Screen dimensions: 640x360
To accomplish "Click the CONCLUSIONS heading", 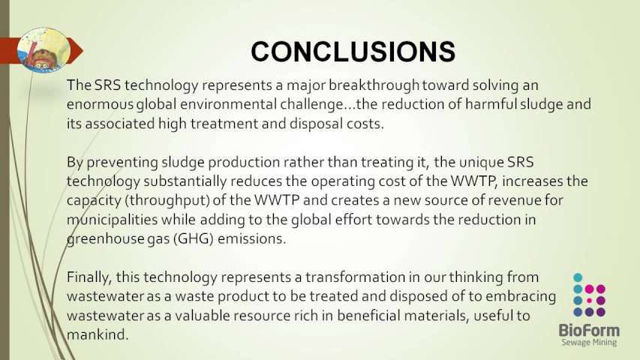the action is [x=353, y=52].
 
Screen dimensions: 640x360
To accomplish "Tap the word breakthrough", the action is [x=374, y=85].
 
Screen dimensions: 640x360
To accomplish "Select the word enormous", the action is [x=100, y=104].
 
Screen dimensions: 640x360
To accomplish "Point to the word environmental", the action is [x=228, y=103].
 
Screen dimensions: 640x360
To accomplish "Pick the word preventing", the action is [x=122, y=163].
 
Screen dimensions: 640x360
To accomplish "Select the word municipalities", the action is [x=113, y=220].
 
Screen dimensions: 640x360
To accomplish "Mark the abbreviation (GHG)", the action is [x=194, y=238].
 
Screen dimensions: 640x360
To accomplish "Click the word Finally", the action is [x=89, y=277].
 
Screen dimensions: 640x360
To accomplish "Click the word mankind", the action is [x=98, y=334].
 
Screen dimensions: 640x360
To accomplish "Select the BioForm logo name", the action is [x=589, y=330].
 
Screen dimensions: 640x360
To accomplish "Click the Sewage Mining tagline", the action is [x=589, y=342].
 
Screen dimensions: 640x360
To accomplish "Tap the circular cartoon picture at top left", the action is [x=44, y=50].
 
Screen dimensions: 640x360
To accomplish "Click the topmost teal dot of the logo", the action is [x=578, y=277].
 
